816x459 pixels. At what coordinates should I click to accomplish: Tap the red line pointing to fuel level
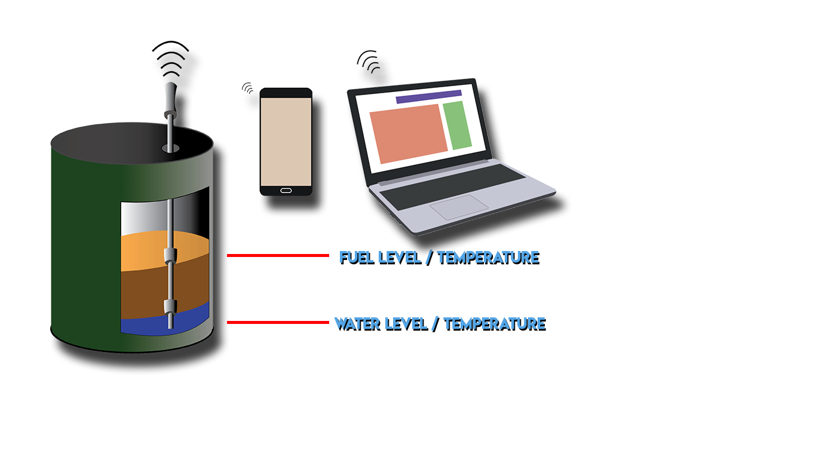[278, 255]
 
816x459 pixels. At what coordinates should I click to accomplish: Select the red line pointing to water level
[278, 323]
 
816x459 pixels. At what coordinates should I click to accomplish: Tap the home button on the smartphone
[286, 191]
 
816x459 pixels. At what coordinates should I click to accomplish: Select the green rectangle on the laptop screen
[457, 125]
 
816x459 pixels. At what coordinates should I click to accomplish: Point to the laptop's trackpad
[459, 206]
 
